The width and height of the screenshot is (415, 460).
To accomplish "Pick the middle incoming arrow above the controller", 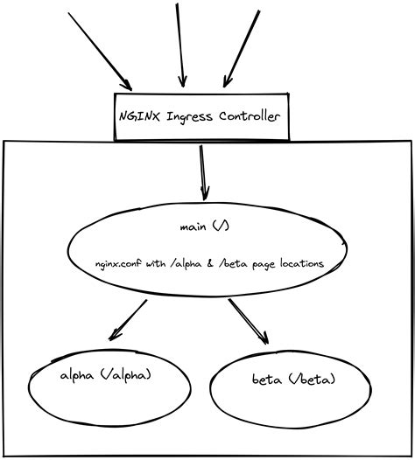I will [180, 44].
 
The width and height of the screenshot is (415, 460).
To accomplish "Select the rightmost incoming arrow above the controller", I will [241, 48].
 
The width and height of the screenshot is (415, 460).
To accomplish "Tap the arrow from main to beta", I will [249, 322].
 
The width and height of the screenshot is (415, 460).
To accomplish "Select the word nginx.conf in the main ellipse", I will [119, 263].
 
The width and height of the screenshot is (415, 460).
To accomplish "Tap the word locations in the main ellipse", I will [295, 263].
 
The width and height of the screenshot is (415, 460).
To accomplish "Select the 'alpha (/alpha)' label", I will [106, 375].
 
